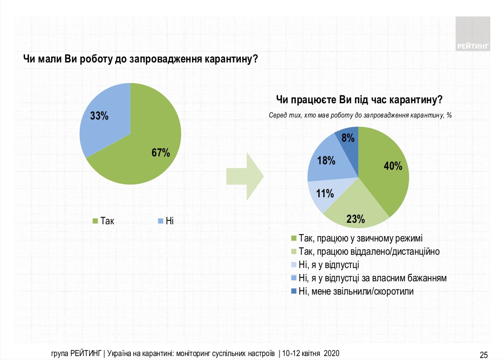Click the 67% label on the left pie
tap(160, 152)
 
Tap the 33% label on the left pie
tap(99, 117)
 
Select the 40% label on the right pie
tap(393, 166)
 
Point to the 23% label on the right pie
tap(355, 218)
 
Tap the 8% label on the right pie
tap(346, 139)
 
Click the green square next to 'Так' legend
tap(95, 221)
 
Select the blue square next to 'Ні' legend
tap(160, 221)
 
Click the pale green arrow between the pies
tap(245, 176)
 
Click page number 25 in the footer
tap(483, 355)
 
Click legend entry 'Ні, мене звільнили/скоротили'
tap(356, 291)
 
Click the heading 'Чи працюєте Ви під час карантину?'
tap(359, 100)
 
